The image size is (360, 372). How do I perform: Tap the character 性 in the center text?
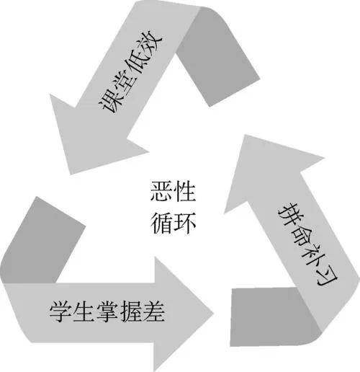tap(184, 191)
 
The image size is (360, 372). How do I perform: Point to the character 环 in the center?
tap(184, 223)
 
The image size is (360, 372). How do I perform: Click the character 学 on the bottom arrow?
tap(60, 311)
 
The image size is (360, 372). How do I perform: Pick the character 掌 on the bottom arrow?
tap(107, 311)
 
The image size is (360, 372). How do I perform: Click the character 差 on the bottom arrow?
tap(153, 311)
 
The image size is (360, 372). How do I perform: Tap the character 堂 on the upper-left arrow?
tap(122, 81)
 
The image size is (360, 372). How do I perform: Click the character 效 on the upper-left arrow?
tap(150, 41)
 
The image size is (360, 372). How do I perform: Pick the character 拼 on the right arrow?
tap(288, 214)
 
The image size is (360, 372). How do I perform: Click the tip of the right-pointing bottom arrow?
tap(213, 314)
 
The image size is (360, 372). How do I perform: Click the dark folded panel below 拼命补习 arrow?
tap(271, 317)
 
